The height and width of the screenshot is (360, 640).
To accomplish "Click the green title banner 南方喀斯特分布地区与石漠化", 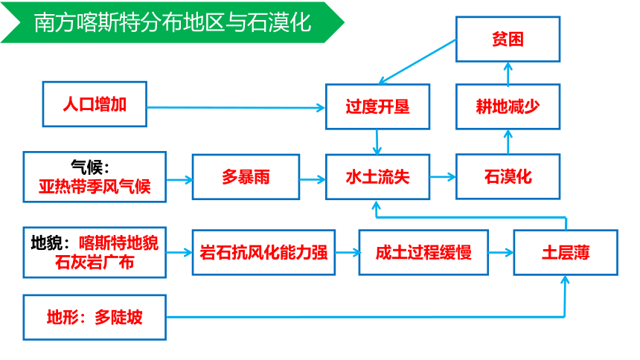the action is point(171,22).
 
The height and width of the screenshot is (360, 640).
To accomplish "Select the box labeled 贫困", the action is point(508,39).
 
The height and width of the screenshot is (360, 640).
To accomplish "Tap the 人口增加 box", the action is point(95,104).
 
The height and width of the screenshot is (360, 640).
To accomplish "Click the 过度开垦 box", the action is point(377,107).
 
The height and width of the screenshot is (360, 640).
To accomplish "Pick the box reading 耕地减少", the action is point(508,107).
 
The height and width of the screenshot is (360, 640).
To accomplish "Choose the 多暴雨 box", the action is point(246,177).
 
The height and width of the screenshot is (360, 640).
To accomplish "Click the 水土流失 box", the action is point(377,177).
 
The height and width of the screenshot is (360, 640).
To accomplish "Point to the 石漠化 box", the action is point(508,177).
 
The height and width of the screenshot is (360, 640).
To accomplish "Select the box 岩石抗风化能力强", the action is point(263,252).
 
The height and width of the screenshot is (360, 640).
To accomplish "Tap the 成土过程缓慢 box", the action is point(423,252).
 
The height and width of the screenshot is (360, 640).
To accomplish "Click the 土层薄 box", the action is point(566,252).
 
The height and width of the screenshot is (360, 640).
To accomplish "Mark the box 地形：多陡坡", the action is point(95,317).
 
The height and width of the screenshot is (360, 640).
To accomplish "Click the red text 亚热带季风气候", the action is point(95,187).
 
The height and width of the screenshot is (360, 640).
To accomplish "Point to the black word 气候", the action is point(86,167).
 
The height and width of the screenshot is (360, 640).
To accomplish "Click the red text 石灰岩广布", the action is point(95,262).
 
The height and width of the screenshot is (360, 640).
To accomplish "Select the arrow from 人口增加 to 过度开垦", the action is point(236,108).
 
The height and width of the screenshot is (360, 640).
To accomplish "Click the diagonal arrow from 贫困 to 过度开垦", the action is point(417,62).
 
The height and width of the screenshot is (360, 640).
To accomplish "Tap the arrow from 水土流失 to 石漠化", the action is point(443,177).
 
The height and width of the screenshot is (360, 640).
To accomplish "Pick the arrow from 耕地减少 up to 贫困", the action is point(508,74).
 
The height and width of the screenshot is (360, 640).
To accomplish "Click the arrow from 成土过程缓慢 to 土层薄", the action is point(501,253).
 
